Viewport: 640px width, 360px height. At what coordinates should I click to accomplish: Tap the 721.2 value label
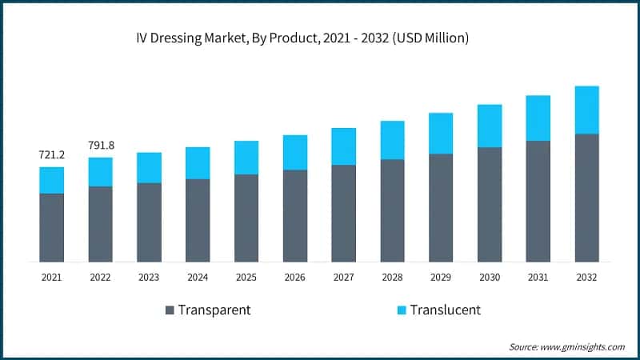tap(52, 154)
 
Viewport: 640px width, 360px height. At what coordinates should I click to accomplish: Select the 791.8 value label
tap(101, 145)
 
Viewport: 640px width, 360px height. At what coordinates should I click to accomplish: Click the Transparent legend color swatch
tap(169, 310)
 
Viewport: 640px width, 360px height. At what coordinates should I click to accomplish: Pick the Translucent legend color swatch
tap(401, 310)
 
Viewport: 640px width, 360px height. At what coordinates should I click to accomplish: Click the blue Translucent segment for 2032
tap(586, 110)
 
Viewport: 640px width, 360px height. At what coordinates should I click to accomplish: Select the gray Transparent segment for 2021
tap(52, 227)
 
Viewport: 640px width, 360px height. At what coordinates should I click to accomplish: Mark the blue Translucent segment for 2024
tap(198, 163)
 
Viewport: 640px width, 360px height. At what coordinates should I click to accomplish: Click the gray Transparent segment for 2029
tap(441, 207)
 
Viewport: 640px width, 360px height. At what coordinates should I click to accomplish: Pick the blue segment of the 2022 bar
tap(101, 172)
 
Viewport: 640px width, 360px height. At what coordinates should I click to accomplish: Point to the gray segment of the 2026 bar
tap(295, 215)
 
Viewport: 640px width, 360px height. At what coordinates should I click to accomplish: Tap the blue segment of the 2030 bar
tap(490, 126)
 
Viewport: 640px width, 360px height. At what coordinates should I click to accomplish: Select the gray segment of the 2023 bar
tap(149, 222)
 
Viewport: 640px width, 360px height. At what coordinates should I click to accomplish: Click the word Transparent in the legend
tap(214, 310)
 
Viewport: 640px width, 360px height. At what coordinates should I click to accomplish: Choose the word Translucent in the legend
tap(446, 310)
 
